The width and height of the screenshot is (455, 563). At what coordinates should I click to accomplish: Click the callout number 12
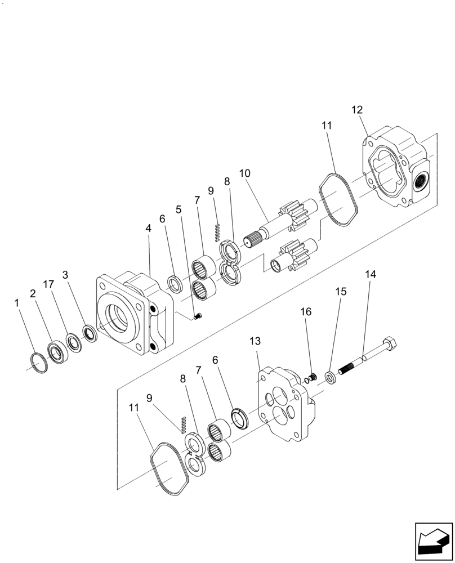358,110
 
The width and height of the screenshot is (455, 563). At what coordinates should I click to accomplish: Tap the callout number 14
371,275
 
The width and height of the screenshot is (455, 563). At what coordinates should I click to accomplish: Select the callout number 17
49,285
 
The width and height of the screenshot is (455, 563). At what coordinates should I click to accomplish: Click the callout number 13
256,342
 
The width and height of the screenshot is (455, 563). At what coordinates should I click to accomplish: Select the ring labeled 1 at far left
38,364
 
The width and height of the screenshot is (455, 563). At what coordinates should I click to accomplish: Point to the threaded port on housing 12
422,180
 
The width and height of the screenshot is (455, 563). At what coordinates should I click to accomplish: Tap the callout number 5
179,209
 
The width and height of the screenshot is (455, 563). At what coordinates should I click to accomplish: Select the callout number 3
65,275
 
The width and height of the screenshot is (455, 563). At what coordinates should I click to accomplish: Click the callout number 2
33,294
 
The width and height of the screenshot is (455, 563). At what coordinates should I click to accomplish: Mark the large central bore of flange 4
118,319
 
